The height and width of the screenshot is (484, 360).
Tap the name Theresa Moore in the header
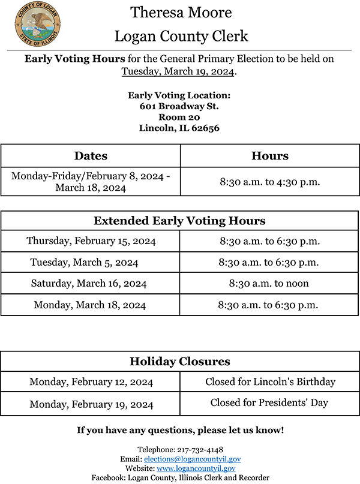click(181, 13)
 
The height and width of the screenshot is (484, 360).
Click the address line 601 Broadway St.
click(179, 106)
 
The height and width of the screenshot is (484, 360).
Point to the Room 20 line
click(179, 117)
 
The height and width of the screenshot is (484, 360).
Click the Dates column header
click(91, 156)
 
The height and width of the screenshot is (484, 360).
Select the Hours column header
click(269, 156)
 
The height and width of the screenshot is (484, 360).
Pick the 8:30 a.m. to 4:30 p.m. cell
click(269, 182)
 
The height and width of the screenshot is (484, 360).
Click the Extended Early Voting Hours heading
click(179, 221)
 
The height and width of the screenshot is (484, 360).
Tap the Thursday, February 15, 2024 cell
click(91, 241)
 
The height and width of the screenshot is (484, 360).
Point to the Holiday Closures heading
click(179, 362)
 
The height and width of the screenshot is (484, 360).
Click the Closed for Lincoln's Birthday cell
click(270, 382)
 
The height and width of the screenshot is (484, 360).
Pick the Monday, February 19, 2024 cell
click(91, 404)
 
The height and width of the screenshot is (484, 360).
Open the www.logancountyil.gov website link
click(196, 468)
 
